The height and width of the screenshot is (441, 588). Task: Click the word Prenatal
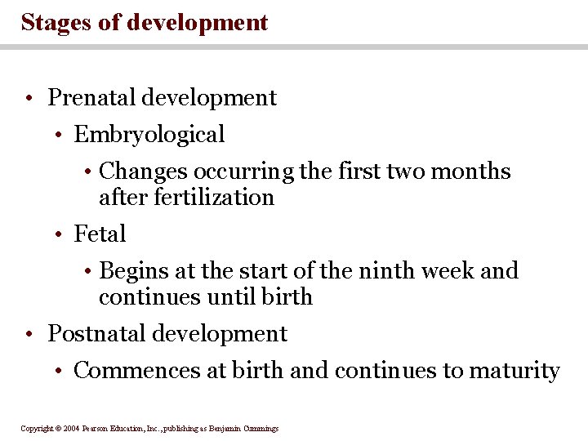pos(91,98)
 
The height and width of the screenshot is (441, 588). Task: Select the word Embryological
pos(149,135)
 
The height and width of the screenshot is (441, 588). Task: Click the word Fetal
pos(100,234)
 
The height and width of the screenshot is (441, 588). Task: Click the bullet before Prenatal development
pos(29,99)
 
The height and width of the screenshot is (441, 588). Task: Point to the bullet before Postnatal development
pos(29,335)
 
